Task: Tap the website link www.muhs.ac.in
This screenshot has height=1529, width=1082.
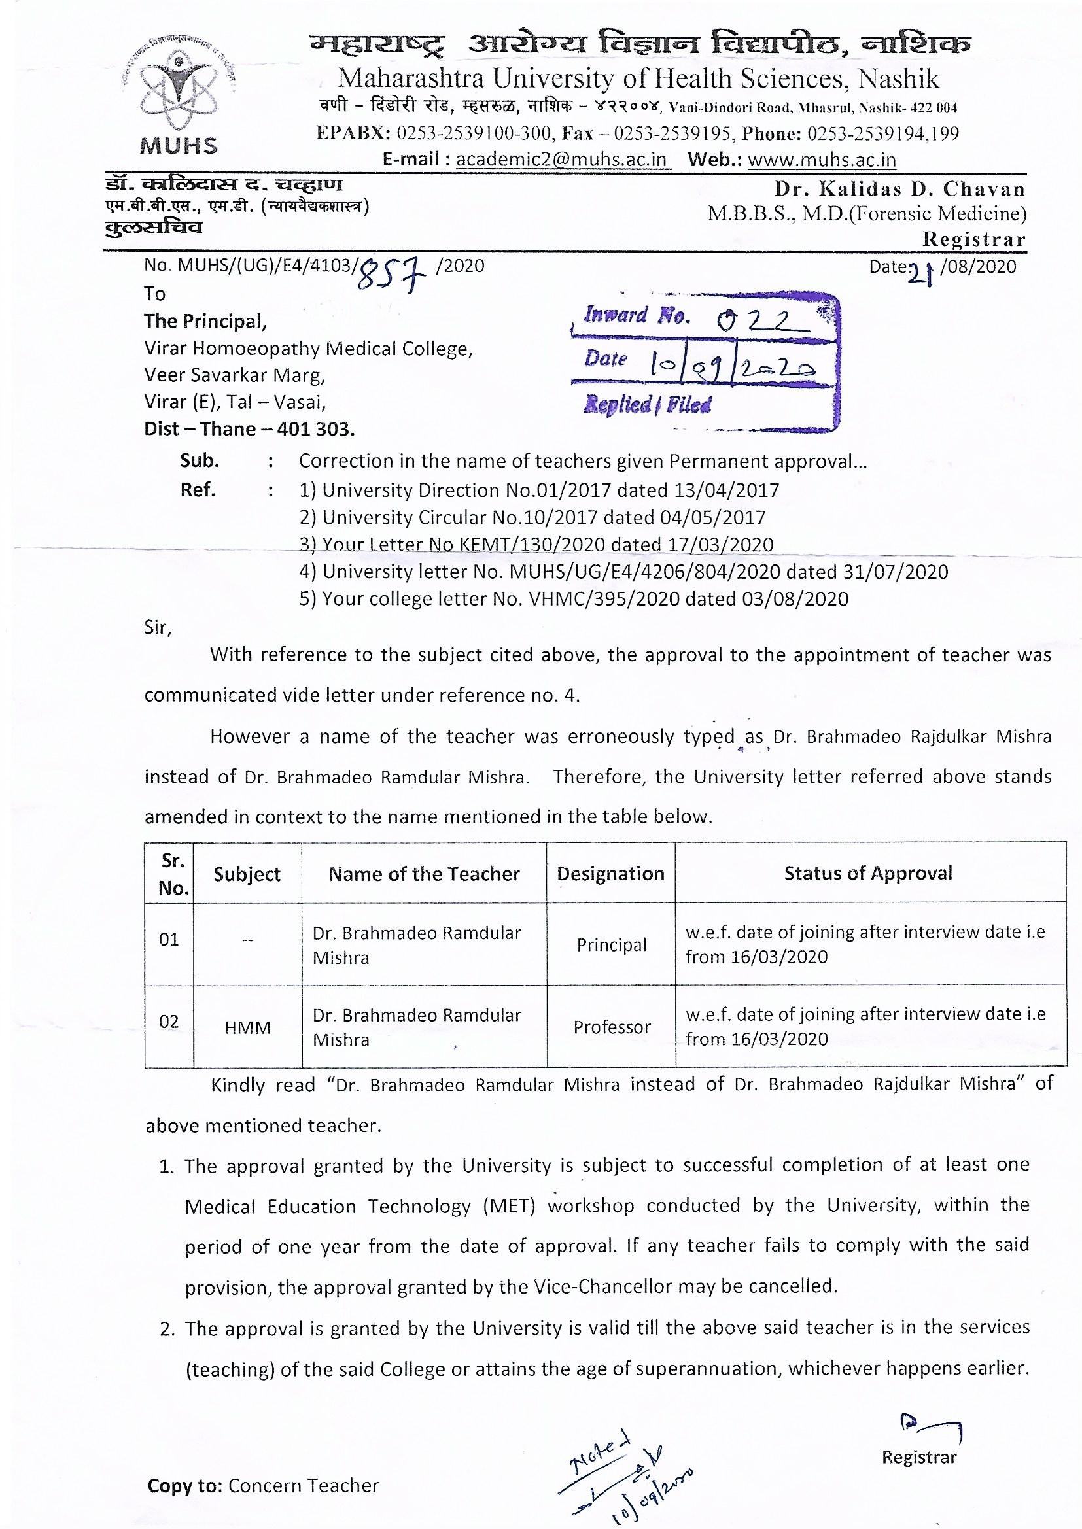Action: tap(822, 160)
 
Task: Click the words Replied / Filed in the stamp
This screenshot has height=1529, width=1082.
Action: tap(648, 404)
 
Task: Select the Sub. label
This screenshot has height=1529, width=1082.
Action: tap(200, 461)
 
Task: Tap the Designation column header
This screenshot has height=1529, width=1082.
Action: tap(610, 874)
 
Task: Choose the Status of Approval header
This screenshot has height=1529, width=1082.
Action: tap(868, 873)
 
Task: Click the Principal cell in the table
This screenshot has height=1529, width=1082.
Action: tap(611, 945)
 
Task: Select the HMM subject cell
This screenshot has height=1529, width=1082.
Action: tap(248, 1027)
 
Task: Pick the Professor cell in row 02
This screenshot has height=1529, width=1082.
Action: tap(611, 1027)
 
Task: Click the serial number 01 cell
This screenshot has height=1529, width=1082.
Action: tap(169, 940)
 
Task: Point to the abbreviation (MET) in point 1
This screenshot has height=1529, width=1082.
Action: tap(508, 1207)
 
